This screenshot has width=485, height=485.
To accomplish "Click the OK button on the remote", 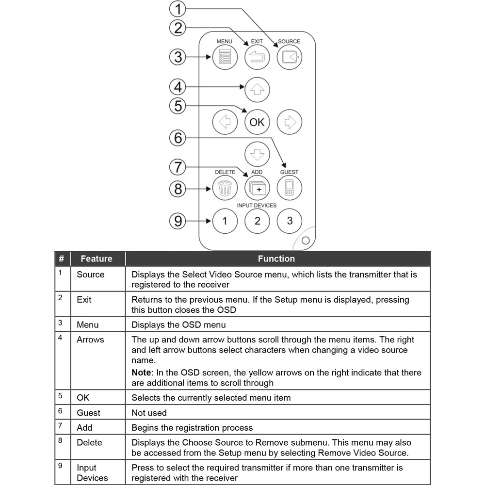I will (257, 122).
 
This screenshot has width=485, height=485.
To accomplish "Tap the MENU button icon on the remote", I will (225, 58).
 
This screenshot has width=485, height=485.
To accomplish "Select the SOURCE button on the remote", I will (289, 58).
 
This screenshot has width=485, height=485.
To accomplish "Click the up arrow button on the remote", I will (257, 89).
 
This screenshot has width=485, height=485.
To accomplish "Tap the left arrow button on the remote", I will (225, 122).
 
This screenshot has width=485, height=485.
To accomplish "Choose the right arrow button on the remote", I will (290, 122).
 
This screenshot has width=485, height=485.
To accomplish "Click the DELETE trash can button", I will (225, 187).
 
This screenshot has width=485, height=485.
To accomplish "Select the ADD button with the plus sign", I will (257, 187).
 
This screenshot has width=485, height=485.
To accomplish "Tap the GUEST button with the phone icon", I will (290, 187).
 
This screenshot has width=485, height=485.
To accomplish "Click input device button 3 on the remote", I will (290, 221).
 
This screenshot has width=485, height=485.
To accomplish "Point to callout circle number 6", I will (178, 138).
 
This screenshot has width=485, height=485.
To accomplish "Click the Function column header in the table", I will (276, 259).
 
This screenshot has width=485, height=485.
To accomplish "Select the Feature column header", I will (97, 259).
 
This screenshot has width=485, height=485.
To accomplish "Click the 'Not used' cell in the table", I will (149, 413).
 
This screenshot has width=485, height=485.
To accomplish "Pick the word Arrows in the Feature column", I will (90, 339).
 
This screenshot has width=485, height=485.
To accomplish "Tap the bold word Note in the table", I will (141, 373).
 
